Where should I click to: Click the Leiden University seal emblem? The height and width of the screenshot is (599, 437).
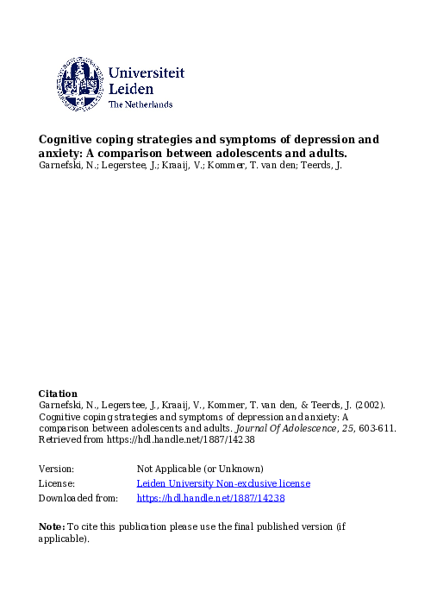80,84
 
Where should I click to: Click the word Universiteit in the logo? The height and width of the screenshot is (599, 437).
147,74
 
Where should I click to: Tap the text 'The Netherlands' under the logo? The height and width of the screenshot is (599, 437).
140,105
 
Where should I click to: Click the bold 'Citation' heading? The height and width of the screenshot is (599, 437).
58,394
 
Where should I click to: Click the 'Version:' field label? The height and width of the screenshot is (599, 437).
57,468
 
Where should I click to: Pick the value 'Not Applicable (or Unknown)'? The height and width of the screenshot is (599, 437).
200,468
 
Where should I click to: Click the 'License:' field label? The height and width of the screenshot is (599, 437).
57,483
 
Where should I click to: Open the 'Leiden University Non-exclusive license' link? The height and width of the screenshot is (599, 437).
223,483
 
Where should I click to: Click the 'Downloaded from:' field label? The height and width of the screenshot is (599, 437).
78,498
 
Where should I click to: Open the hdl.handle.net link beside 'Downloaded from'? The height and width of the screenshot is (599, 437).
210,498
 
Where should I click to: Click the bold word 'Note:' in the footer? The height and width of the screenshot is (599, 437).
52,526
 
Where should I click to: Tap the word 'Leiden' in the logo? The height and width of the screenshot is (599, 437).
132,90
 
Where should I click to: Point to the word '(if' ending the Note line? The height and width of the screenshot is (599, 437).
341,526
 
